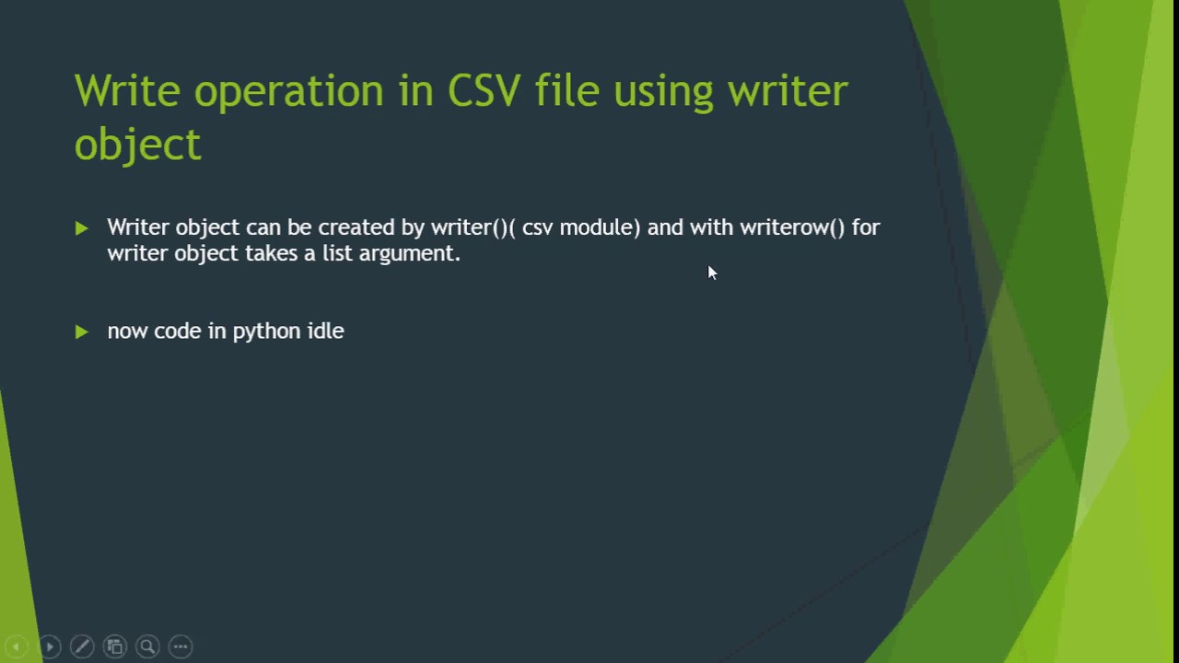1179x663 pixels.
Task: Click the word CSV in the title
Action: (484, 90)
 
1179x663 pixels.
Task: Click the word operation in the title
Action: (288, 93)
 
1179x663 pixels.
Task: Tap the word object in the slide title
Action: (138, 145)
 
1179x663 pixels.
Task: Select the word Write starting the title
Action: (127, 89)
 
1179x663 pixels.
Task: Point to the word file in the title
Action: (566, 89)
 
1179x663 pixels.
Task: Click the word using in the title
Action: (663, 93)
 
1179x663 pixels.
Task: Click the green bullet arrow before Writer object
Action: (82, 228)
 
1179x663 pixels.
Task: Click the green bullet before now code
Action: (82, 332)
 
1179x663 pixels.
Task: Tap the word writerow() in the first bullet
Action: (792, 227)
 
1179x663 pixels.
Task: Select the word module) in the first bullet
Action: (600, 227)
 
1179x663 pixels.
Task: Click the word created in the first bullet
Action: (356, 227)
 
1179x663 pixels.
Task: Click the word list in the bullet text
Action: (337, 253)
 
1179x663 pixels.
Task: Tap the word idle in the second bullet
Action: (326, 331)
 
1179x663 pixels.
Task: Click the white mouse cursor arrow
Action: (712, 273)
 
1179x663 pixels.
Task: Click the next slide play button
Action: (50, 646)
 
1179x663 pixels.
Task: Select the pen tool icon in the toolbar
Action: (82, 646)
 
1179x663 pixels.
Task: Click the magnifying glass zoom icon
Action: (148, 646)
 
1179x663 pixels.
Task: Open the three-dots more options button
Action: (181, 646)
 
